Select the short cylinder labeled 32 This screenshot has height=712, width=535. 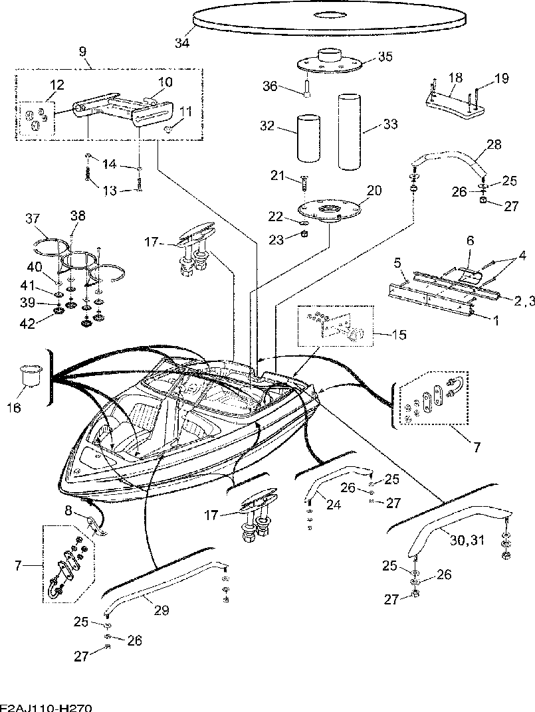point(308,138)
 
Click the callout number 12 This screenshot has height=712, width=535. point(57,84)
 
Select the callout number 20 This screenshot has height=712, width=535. point(374,190)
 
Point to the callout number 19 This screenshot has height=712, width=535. point(501,78)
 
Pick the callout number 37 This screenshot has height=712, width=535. point(33,219)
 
